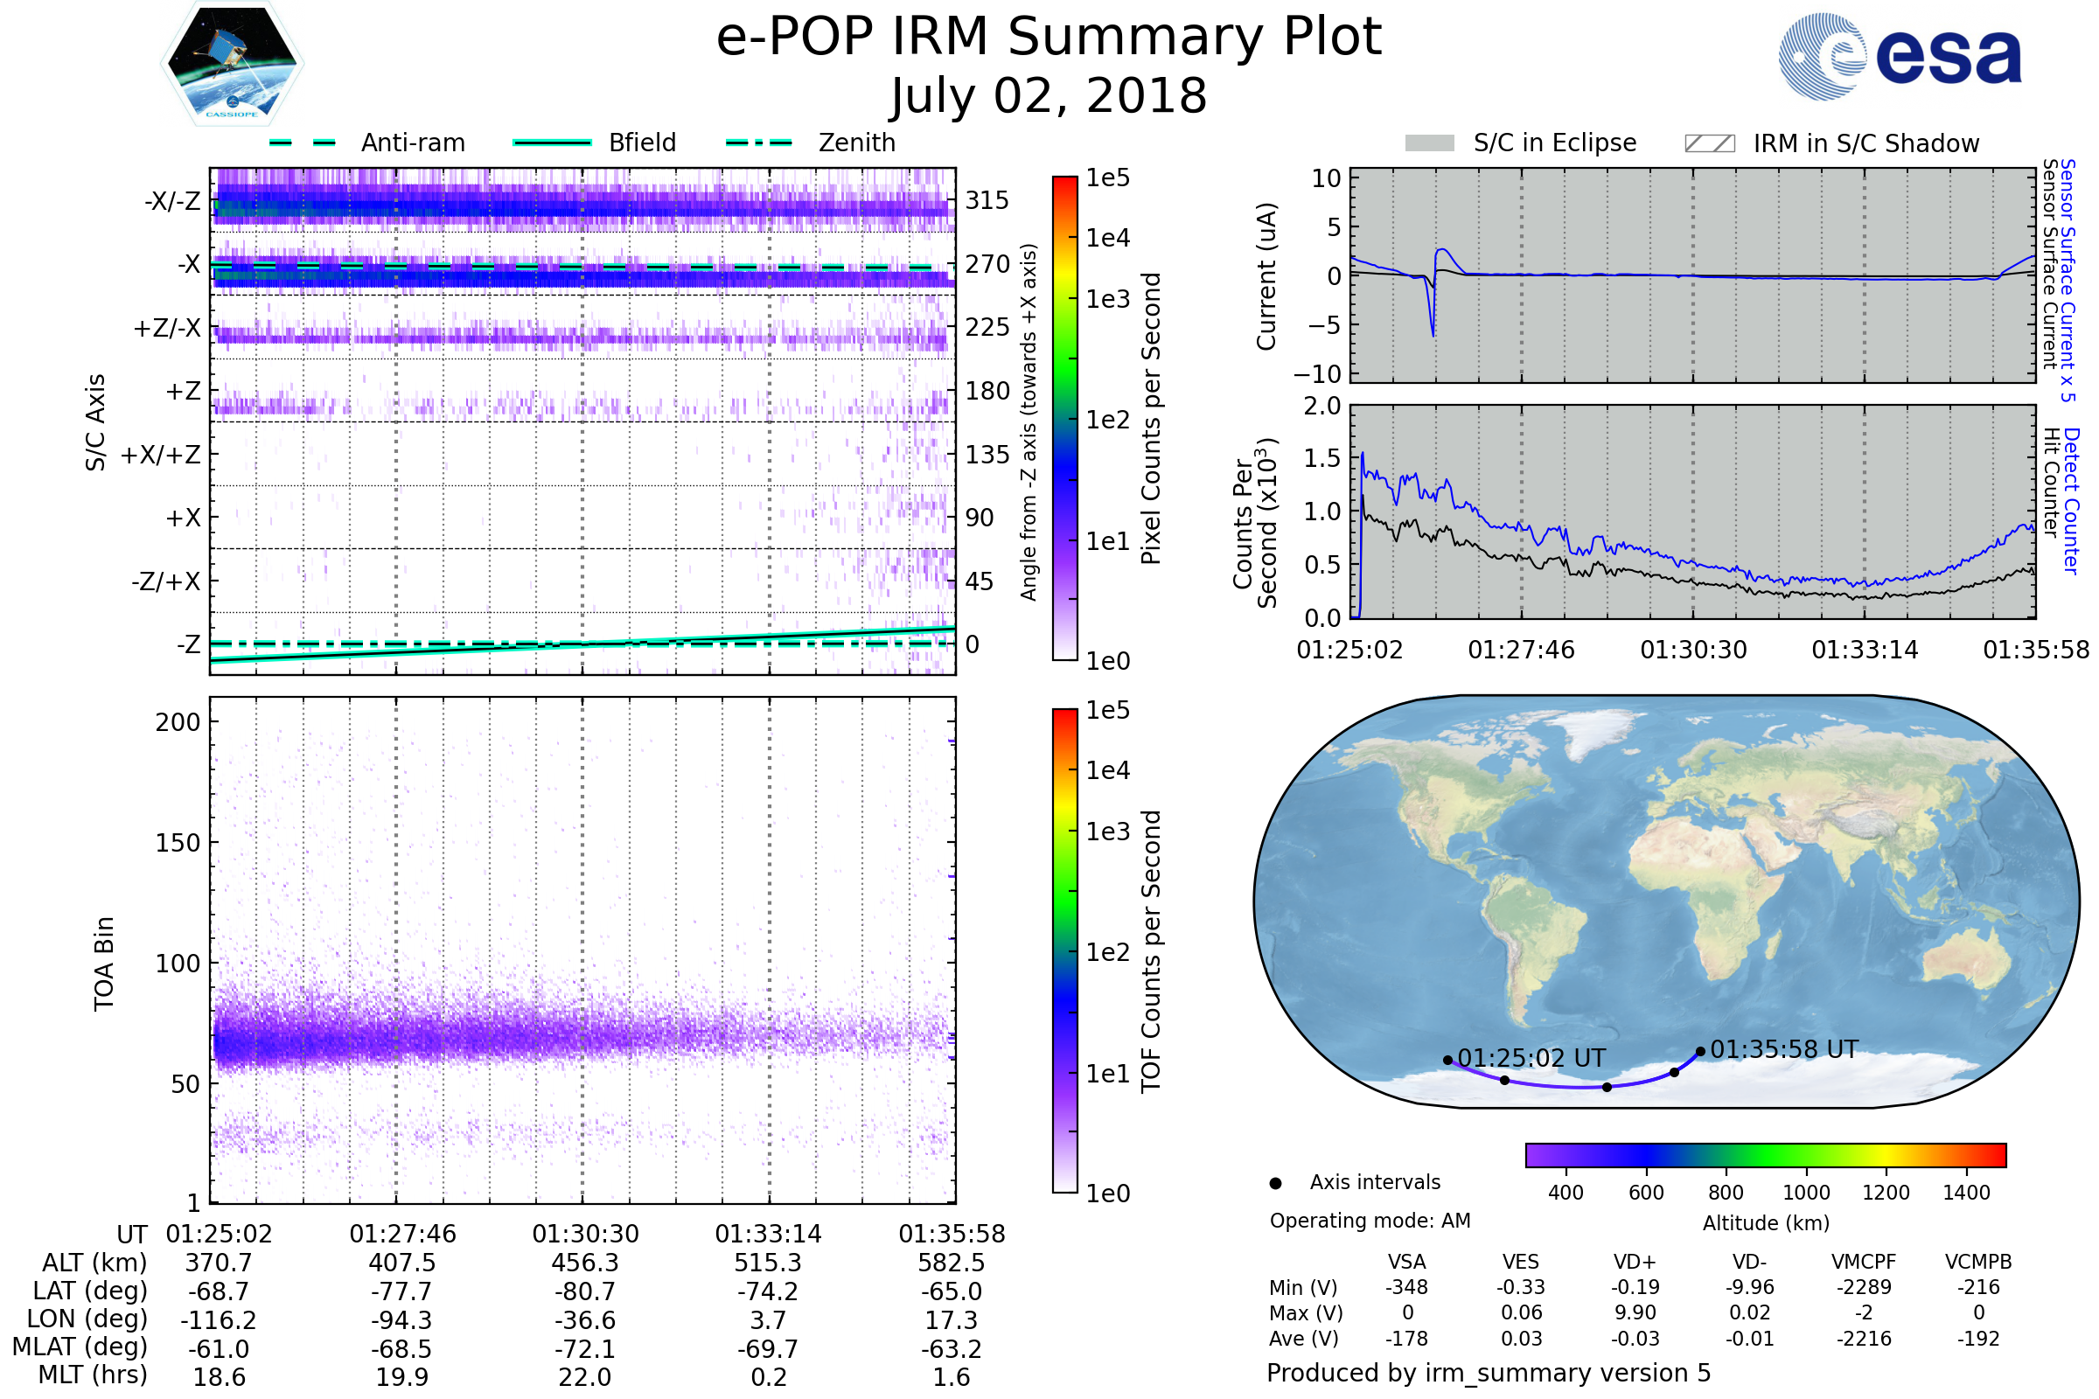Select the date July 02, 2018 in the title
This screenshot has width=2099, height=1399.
[1049, 96]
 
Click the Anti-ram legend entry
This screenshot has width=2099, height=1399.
[412, 143]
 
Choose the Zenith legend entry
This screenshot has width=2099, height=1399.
[856, 143]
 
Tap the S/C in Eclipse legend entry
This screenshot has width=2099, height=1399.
[1554, 143]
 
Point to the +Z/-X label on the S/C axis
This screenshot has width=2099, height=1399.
[167, 329]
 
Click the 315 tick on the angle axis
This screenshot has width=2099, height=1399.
[987, 200]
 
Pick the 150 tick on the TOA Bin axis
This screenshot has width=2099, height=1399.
[178, 843]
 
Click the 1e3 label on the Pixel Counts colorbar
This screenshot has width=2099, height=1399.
[1107, 299]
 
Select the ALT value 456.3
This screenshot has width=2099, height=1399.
[584, 1263]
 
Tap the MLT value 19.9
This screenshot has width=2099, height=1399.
[401, 1376]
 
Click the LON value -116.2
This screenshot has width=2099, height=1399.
[219, 1319]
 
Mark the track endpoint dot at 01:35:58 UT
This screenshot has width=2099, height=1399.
[1700, 1051]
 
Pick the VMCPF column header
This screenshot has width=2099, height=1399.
[1864, 1262]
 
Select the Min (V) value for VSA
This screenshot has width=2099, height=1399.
[1406, 1287]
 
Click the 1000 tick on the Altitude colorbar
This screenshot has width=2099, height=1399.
[1805, 1193]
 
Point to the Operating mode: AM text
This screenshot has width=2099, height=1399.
[1370, 1221]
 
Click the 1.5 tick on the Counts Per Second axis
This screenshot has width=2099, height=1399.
[1322, 458]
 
